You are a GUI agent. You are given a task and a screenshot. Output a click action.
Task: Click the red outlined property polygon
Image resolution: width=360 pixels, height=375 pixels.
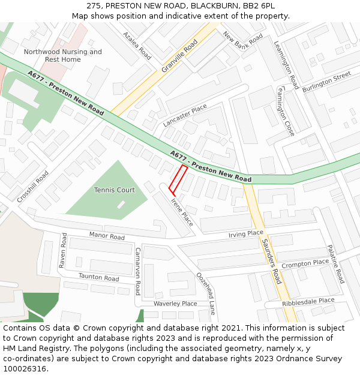(178, 179)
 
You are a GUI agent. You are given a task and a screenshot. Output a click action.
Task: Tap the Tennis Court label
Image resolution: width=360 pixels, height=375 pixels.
(115, 190)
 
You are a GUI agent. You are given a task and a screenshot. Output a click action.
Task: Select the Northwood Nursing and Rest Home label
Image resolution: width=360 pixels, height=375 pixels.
(63, 56)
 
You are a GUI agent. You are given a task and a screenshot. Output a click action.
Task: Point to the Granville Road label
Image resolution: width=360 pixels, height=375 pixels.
(179, 56)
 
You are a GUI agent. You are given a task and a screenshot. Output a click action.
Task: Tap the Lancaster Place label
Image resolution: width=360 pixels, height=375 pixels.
(185, 115)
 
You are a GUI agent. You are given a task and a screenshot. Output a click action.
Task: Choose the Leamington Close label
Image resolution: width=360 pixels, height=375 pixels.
(286, 110)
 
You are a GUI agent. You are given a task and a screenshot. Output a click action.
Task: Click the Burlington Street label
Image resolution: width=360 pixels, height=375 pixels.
(327, 82)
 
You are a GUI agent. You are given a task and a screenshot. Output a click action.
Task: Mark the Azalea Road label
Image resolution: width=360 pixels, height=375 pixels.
(137, 45)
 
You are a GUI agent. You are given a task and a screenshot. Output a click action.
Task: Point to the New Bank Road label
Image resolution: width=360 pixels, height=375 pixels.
(243, 46)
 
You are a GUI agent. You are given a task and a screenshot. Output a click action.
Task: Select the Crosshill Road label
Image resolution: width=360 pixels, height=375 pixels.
(33, 186)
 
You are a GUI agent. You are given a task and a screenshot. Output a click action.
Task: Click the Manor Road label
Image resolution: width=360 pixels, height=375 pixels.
(107, 236)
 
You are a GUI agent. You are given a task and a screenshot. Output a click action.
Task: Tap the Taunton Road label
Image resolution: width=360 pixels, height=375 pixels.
(99, 277)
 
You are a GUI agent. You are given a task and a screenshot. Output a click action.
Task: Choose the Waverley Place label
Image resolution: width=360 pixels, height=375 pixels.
(175, 304)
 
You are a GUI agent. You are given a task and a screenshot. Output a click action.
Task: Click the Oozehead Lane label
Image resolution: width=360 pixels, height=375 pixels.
(206, 293)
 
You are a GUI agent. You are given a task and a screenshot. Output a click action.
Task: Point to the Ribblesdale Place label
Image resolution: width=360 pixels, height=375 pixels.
(308, 302)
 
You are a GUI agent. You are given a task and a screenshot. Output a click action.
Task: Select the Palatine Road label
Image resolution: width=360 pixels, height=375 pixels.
(335, 264)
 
